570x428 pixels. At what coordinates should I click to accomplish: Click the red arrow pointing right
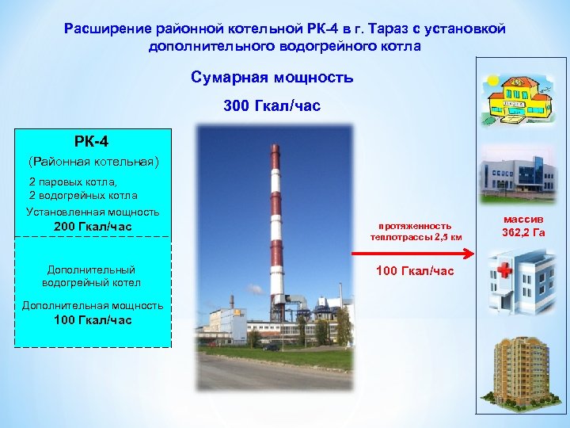click(x=412, y=254)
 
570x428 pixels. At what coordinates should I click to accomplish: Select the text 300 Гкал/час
click(x=272, y=105)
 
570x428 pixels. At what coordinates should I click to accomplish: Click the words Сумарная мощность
click(x=272, y=78)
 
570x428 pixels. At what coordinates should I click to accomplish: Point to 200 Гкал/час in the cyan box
click(x=93, y=227)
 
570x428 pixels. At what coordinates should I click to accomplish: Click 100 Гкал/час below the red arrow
click(x=415, y=271)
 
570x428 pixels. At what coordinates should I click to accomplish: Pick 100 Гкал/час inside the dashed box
click(x=93, y=319)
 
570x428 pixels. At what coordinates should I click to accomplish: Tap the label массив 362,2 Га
click(x=523, y=226)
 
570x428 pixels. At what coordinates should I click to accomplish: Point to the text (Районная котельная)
click(x=93, y=162)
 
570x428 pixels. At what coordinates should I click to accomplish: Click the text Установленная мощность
click(x=93, y=212)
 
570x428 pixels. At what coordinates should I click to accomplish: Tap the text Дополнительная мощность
click(x=93, y=305)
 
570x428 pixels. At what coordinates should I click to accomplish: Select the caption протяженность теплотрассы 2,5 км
click(x=415, y=231)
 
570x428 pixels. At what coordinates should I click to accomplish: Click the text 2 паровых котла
click(x=72, y=182)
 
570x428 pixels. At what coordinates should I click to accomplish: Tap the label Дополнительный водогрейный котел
click(x=91, y=276)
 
